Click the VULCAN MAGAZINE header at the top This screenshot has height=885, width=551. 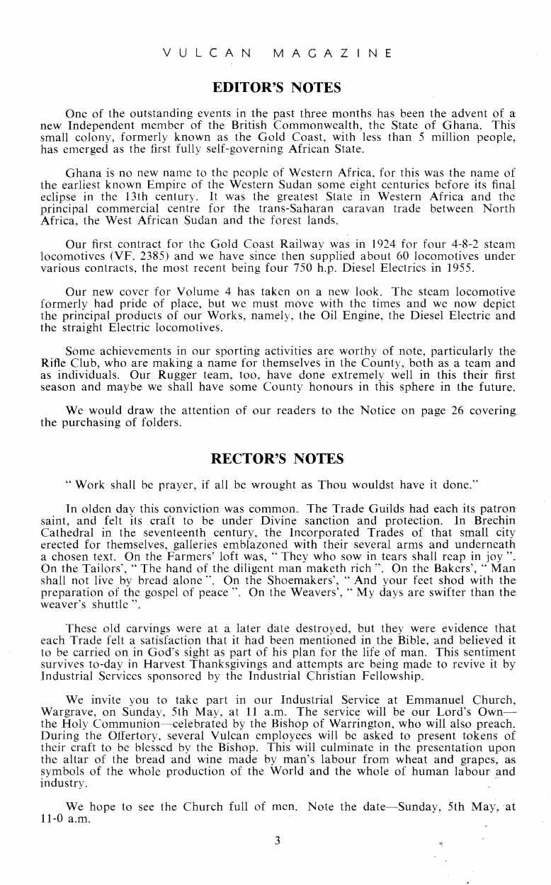tap(277, 53)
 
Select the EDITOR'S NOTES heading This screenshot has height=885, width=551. tap(277, 88)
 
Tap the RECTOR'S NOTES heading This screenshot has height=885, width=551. tap(278, 459)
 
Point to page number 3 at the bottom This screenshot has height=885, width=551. tap(278, 841)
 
